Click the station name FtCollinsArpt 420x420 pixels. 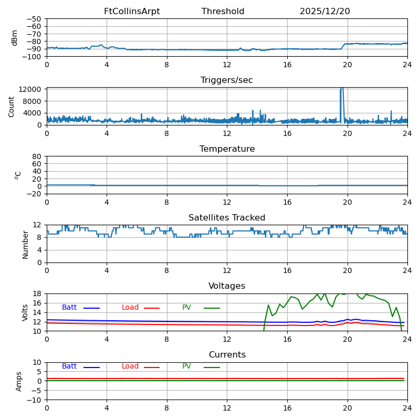tap(132, 12)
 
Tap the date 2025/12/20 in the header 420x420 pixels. tap(324, 12)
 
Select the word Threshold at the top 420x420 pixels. tap(223, 12)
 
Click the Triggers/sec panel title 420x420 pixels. tap(227, 80)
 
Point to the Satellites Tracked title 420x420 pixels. tap(227, 218)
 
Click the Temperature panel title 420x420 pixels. tap(227, 149)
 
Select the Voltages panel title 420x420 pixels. tap(227, 286)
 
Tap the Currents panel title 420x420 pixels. tap(227, 355)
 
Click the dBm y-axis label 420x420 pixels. tap(15, 37)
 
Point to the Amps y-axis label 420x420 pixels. tap(19, 381)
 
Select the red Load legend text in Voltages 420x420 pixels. tap(130, 308)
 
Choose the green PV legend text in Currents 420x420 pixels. tap(187, 366)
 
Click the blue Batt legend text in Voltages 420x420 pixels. tap(69, 308)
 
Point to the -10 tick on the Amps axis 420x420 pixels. tap(35, 400)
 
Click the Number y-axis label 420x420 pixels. tap(25, 244)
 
